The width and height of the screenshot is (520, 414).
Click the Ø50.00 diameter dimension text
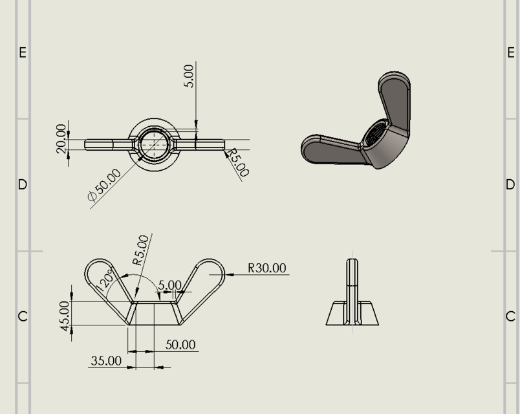pyautogui.click(x=104, y=186)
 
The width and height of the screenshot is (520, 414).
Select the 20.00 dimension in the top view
pyautogui.click(x=61, y=138)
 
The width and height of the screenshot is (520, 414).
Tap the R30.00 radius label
pyautogui.click(x=267, y=268)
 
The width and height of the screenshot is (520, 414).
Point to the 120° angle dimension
pyautogui.click(x=105, y=280)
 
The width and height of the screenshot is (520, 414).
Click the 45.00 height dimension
pyautogui.click(x=65, y=316)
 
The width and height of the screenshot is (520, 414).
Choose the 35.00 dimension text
pyautogui.click(x=105, y=360)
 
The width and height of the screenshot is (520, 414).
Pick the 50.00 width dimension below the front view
pyautogui.click(x=180, y=344)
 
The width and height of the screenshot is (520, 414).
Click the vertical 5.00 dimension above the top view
pyautogui.click(x=189, y=76)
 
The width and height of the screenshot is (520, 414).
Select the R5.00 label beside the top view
pyautogui.click(x=237, y=162)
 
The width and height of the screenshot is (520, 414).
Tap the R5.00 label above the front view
pyautogui.click(x=141, y=250)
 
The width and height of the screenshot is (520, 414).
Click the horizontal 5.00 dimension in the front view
pyautogui.click(x=169, y=285)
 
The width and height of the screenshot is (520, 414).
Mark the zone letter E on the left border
pyautogui.click(x=23, y=52)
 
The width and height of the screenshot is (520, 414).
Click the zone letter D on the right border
pyautogui.click(x=510, y=184)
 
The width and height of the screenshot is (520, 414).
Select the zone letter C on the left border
pyautogui.click(x=23, y=316)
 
